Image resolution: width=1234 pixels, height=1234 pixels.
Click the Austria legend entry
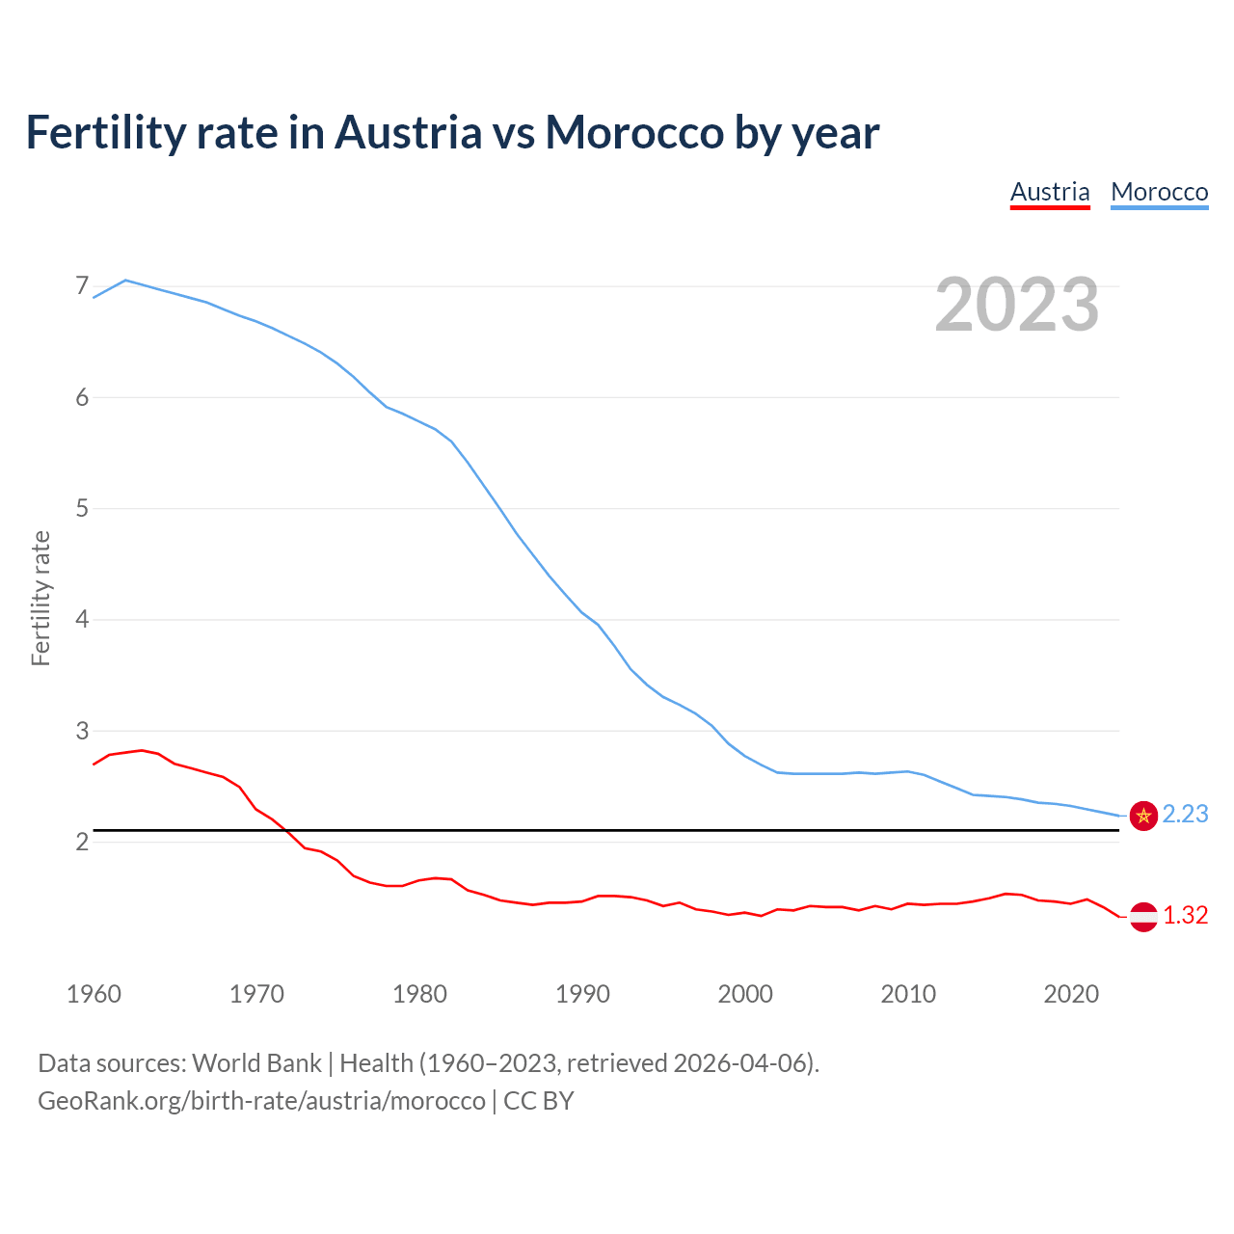click(x=1050, y=192)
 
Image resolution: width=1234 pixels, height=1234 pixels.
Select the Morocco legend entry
click(x=1159, y=192)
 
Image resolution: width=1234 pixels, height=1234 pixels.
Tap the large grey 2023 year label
click(x=1016, y=305)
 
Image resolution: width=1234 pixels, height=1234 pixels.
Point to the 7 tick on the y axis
click(x=82, y=286)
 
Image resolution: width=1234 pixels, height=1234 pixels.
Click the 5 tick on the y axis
click(x=82, y=508)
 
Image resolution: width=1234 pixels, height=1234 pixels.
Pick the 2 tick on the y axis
click(x=82, y=842)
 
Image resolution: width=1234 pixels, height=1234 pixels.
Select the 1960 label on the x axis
click(x=94, y=994)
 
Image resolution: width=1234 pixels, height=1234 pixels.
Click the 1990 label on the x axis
click(x=582, y=994)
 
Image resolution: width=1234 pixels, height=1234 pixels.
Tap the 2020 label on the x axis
click(x=1071, y=994)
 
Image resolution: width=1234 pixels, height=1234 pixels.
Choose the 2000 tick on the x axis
click(x=745, y=994)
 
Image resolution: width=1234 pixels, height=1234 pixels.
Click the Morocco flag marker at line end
click(x=1143, y=816)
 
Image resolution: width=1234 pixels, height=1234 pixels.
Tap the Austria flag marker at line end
click(x=1143, y=917)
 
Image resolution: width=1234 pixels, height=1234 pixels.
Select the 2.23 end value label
click(x=1185, y=815)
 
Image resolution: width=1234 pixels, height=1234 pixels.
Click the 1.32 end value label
click(x=1185, y=916)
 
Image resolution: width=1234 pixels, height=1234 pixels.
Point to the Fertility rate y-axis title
click(x=40, y=598)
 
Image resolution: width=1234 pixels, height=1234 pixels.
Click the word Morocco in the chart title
click(x=633, y=132)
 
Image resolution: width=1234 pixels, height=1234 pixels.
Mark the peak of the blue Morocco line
click(x=125, y=280)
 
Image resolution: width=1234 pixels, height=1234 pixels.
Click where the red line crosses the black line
click(x=286, y=830)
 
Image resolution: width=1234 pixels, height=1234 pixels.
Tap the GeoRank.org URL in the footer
click(x=261, y=1101)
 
